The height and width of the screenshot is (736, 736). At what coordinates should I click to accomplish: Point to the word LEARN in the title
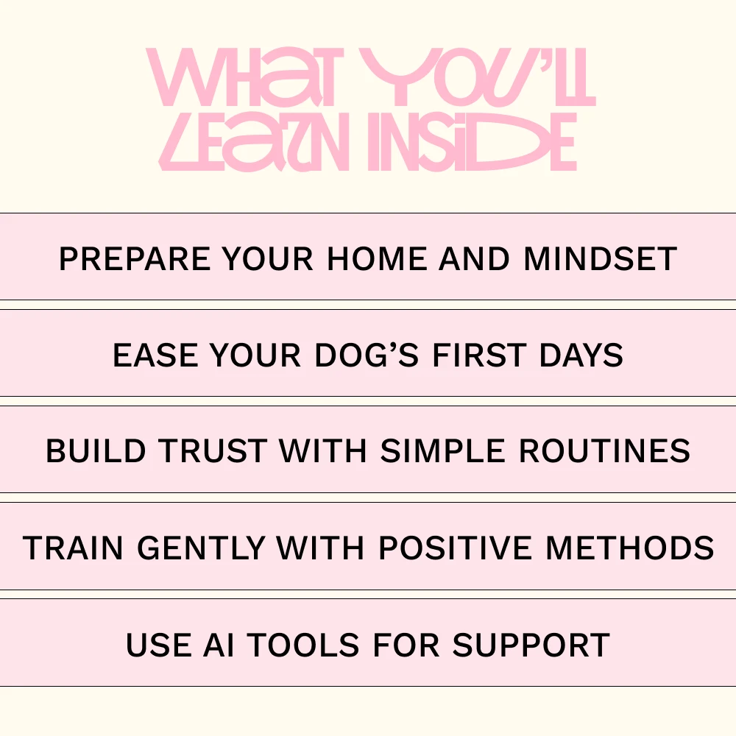click(254, 142)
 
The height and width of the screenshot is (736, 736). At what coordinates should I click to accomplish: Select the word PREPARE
click(135, 258)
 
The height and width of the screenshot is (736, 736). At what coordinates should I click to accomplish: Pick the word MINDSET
click(601, 258)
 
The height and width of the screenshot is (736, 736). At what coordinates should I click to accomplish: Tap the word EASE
click(156, 355)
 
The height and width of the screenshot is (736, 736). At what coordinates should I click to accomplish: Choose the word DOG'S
click(366, 355)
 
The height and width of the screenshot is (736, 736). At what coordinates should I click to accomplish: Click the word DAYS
click(581, 355)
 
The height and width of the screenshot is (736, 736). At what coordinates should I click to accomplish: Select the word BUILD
click(96, 451)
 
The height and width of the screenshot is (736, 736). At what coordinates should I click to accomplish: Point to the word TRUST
click(213, 451)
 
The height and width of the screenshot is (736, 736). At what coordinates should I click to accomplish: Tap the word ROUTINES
click(604, 451)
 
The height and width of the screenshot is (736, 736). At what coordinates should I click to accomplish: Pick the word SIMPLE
click(442, 451)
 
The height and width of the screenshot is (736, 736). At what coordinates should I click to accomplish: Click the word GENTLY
click(202, 548)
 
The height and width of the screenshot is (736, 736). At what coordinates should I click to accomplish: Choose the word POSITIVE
click(455, 548)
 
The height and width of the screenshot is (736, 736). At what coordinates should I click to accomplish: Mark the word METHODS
click(630, 548)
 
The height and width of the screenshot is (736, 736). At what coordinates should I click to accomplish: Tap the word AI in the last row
click(219, 645)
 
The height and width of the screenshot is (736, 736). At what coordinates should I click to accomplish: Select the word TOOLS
click(303, 645)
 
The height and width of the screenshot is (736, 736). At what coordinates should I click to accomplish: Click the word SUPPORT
click(531, 645)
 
